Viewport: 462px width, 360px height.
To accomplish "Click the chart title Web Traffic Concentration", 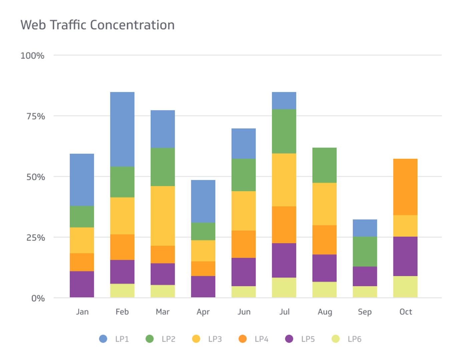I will [x=97, y=25].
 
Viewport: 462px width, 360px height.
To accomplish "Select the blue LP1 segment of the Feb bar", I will [x=122, y=129].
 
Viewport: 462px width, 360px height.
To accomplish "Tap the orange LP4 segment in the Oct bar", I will [x=405, y=187].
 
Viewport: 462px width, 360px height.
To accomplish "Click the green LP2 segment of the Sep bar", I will [x=365, y=251].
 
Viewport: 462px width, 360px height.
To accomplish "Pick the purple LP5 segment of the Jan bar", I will [x=82, y=284].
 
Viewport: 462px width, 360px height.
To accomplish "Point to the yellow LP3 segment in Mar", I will [x=163, y=216].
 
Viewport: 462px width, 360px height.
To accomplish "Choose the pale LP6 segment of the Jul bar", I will [x=284, y=287].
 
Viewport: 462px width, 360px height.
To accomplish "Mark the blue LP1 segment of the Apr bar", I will [x=203, y=201].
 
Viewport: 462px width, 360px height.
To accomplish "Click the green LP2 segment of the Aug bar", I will [x=324, y=165].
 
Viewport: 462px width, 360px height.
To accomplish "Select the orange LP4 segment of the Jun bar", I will [x=244, y=244].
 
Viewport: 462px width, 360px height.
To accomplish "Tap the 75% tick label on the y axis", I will [x=35, y=116].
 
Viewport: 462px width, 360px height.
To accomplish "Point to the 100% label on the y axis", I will [x=32, y=56].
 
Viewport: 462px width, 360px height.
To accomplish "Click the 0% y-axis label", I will [x=38, y=298].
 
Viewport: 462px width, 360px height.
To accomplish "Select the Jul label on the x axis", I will [x=284, y=312].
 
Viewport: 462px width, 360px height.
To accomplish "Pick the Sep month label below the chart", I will [x=365, y=312].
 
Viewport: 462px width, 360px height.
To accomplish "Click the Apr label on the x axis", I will [x=203, y=312].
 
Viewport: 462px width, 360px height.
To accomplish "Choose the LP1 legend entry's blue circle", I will [x=103, y=339].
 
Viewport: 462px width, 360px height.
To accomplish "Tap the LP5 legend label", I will [x=308, y=339].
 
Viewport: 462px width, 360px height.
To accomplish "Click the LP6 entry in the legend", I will [x=354, y=339].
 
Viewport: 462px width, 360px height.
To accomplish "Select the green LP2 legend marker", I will [x=150, y=339].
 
